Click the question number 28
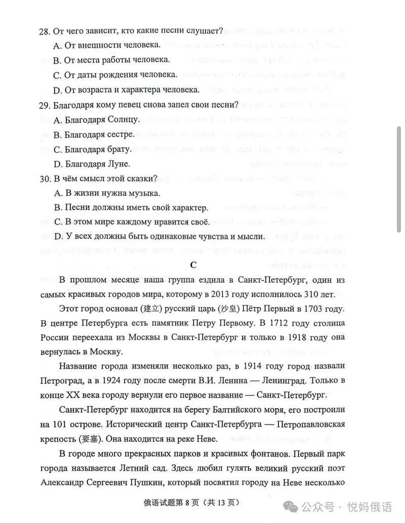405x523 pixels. click(x=44, y=31)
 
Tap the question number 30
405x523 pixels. click(x=44, y=179)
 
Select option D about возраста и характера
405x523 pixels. click(x=125, y=90)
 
